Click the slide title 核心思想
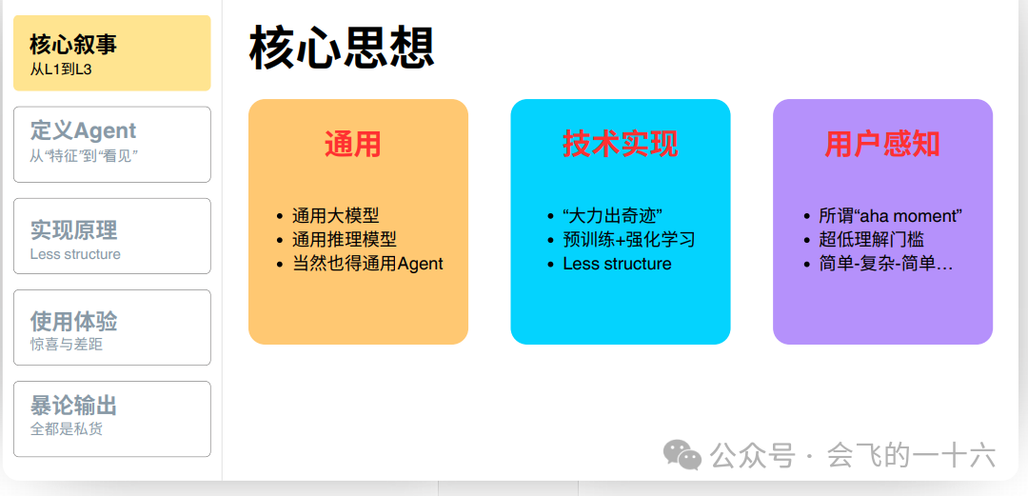point(342,49)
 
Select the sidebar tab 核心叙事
point(112,53)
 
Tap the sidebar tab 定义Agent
point(112,145)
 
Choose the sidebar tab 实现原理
point(112,236)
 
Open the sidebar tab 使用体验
point(112,327)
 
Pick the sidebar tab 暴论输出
point(112,419)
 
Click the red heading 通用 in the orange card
point(353,144)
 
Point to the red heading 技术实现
point(621,144)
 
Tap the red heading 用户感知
point(882,144)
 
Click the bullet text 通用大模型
point(336,215)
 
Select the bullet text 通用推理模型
point(345,240)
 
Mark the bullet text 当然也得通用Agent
point(367,264)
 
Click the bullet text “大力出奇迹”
point(613,215)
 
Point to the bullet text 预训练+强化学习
point(629,240)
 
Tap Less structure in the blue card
point(617,264)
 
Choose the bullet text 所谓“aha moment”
point(890,215)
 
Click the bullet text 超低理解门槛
point(871,240)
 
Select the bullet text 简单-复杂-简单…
point(886,264)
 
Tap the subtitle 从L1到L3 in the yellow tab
point(61,69)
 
